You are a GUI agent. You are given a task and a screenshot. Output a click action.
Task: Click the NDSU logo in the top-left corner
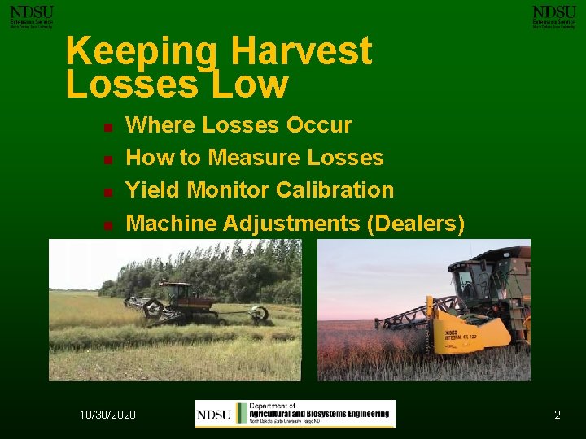point(31,16)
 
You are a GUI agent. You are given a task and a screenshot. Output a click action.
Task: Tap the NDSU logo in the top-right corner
point(553,16)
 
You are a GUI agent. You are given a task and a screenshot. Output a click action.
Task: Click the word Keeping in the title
point(140,51)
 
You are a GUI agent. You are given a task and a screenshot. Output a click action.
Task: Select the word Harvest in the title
point(301,51)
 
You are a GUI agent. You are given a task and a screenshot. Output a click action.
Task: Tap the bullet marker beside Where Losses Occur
point(107,128)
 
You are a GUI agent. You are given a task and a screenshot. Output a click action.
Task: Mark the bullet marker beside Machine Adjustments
point(107,225)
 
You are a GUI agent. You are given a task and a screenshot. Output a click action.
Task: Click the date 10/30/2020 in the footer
point(107,415)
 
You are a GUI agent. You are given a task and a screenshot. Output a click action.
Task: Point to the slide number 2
point(558,415)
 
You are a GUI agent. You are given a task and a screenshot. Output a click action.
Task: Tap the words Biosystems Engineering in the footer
point(348,414)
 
